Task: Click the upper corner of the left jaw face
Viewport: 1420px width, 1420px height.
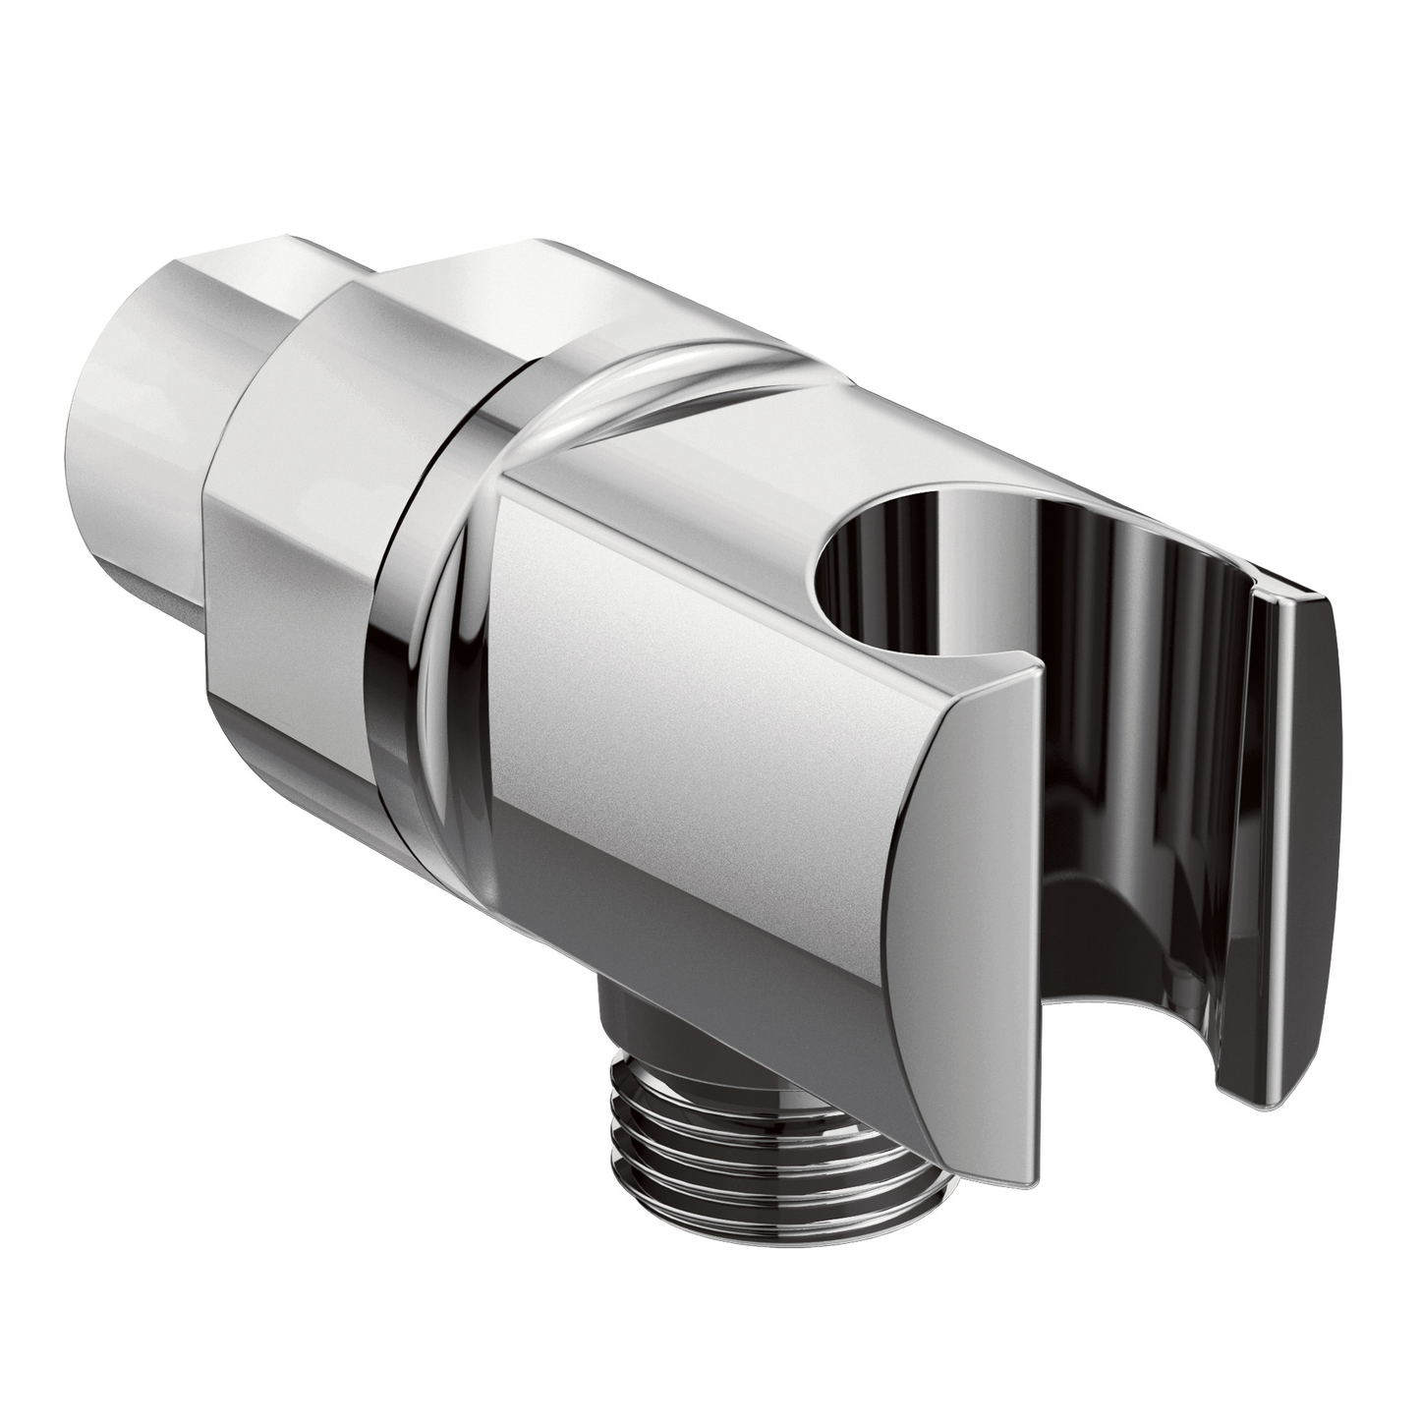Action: click(1032, 678)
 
